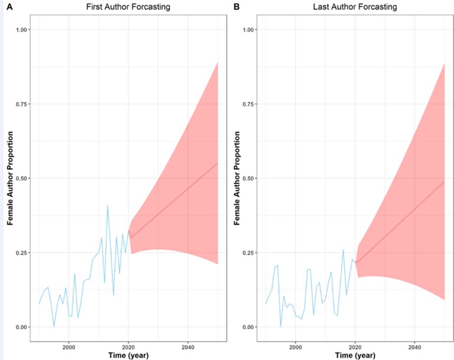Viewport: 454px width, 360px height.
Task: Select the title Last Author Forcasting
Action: point(355,6)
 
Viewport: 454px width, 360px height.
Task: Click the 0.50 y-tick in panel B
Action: point(249,178)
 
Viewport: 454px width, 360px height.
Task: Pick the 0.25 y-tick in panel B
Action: point(249,253)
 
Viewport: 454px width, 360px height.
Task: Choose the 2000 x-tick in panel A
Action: point(69,346)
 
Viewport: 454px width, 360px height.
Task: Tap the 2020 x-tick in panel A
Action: point(129,346)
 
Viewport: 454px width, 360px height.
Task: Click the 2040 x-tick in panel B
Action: point(414,346)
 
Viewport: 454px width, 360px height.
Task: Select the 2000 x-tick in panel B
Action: point(295,346)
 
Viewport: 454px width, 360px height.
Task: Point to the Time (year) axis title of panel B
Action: point(354,355)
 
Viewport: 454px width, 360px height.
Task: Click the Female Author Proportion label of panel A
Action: point(10,179)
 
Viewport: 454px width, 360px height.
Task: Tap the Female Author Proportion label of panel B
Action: point(236,179)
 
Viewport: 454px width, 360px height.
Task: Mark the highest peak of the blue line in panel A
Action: point(107,206)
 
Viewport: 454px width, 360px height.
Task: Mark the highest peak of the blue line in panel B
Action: point(343,250)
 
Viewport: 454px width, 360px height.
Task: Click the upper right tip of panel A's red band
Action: point(218,62)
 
